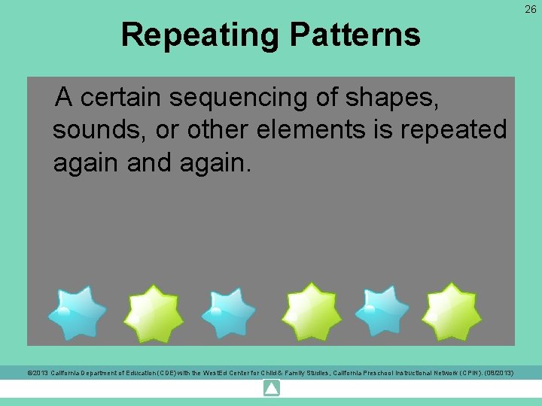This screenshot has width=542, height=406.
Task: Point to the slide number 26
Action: click(531, 8)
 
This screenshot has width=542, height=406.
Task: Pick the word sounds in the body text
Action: click(99, 130)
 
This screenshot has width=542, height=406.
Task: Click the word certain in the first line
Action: click(121, 97)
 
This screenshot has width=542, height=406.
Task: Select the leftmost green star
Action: click(154, 313)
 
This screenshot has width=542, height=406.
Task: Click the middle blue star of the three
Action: click(228, 311)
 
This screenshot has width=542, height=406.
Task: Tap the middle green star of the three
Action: click(311, 311)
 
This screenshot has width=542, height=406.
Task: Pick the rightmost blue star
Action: click(382, 310)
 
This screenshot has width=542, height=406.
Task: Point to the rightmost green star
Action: click(451, 311)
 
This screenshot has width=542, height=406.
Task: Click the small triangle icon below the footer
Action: click(272, 389)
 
